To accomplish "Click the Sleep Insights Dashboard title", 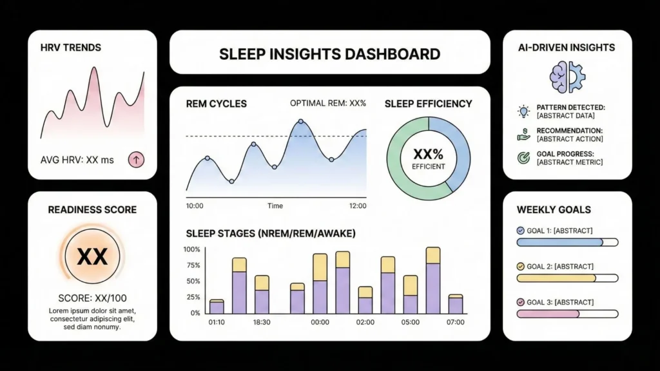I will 329,53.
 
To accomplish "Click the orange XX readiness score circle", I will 92,256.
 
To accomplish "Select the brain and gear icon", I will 567,77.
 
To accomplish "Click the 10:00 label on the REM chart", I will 195,206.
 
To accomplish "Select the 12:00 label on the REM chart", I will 356,206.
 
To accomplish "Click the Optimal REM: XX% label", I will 328,103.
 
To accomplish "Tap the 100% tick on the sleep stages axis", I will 192,249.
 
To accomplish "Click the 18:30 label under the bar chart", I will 262,322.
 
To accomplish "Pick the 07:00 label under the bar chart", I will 455,322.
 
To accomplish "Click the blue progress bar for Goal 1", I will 559,242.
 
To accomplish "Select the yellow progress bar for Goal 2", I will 558,278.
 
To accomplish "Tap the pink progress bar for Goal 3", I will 548,314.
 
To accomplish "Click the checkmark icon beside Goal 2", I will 521,266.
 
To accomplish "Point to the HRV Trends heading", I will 70,48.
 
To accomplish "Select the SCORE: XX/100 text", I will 92,299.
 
